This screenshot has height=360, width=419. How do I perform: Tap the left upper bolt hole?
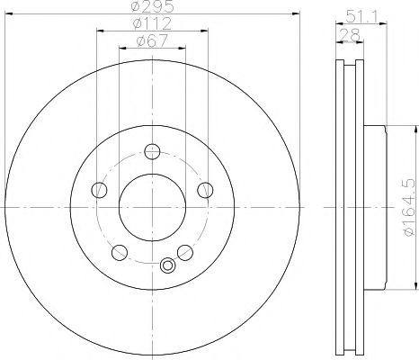tap(100, 189)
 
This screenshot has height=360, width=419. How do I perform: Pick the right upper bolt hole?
tap(204, 189)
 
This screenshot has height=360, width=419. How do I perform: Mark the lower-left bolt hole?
tap(120, 251)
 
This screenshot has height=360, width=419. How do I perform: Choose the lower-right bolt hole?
tap(184, 251)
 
